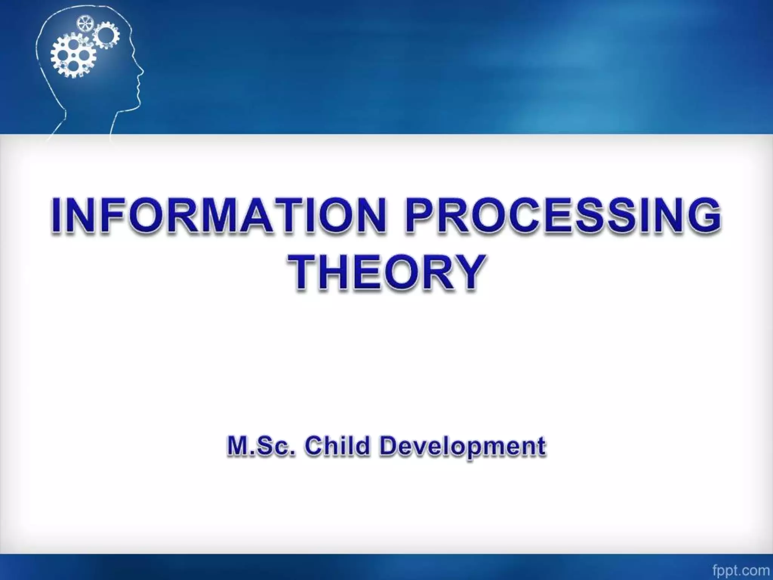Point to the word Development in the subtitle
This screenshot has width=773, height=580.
tap(462, 447)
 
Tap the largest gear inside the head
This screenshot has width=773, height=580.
tap(73, 56)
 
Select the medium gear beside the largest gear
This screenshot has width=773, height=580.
tap(106, 35)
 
